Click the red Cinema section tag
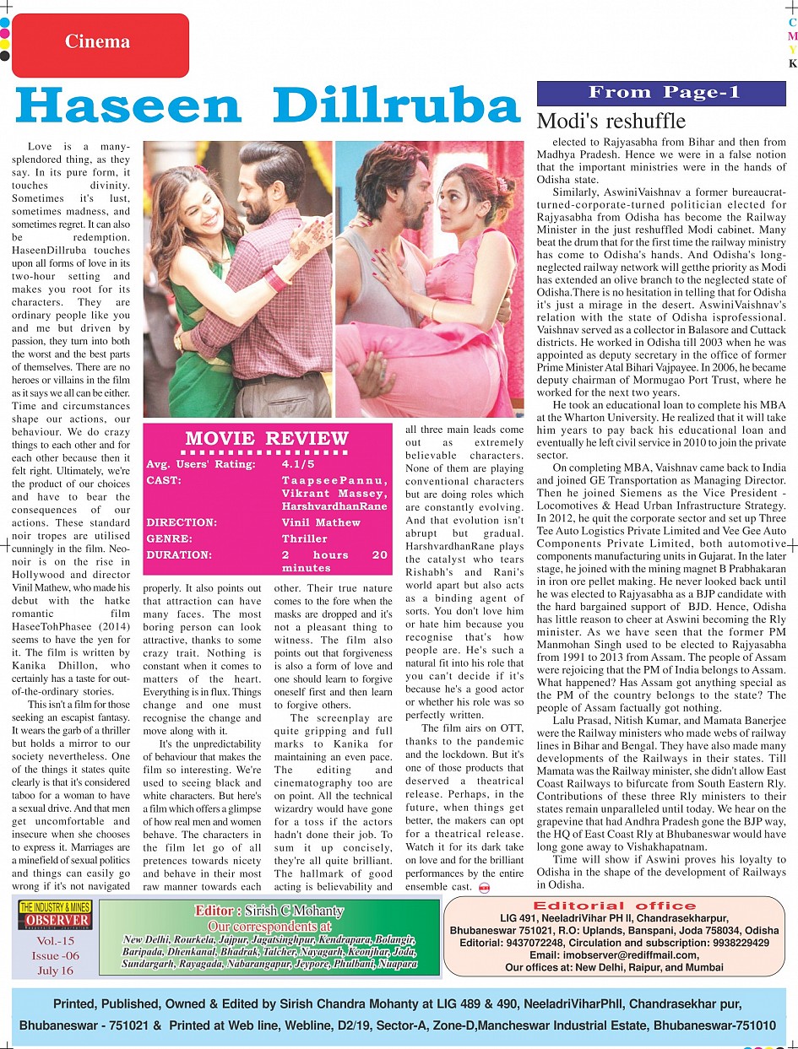(x=99, y=41)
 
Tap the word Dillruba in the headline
(x=396, y=107)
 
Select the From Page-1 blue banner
(x=661, y=93)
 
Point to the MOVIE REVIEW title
(x=266, y=438)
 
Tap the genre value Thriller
(x=305, y=538)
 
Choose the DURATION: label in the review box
(x=179, y=555)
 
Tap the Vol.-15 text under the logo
(x=55, y=941)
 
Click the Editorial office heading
(x=614, y=906)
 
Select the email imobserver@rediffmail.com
(x=614, y=954)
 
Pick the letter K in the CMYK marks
(x=792, y=63)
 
